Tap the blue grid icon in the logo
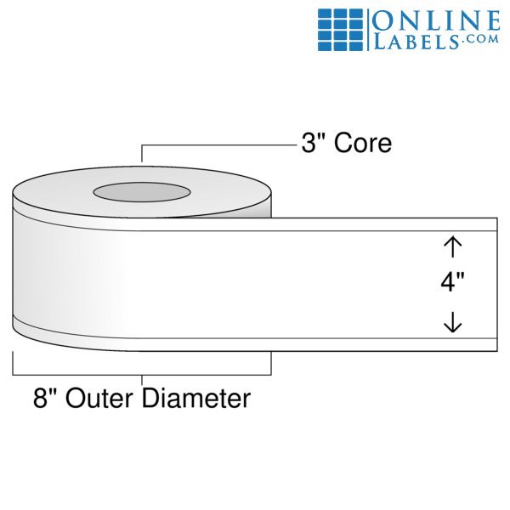(342, 31)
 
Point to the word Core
(363, 143)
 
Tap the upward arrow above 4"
(452, 246)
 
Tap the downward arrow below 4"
(452, 321)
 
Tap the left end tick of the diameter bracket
(13, 363)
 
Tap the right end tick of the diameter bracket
(270, 363)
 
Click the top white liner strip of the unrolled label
(382, 224)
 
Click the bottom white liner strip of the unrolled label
(382, 344)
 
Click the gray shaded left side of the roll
(25, 272)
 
